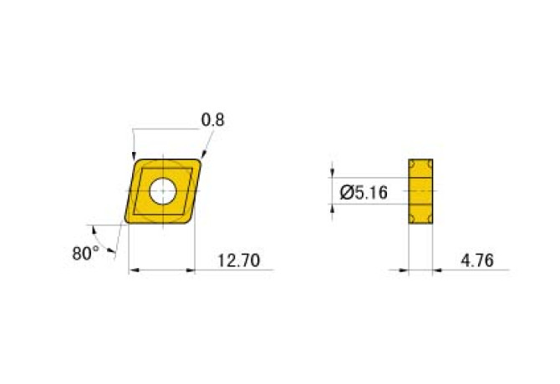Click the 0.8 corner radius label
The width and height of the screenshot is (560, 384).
(213, 120)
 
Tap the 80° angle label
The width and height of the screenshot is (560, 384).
(85, 252)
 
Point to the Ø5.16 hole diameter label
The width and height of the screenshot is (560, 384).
(364, 193)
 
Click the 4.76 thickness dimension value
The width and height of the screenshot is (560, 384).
(476, 261)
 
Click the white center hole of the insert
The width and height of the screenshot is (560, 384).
(162, 191)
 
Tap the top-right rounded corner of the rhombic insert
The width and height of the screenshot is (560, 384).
(200, 161)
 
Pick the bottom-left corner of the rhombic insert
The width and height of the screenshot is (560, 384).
(128, 221)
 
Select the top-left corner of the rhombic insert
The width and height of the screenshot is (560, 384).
(136, 160)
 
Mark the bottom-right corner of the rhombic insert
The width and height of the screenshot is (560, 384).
(191, 222)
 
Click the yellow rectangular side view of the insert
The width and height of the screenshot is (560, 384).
(421, 191)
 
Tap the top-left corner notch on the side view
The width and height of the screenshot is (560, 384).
(412, 162)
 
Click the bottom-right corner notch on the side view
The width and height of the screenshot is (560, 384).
(430, 220)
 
